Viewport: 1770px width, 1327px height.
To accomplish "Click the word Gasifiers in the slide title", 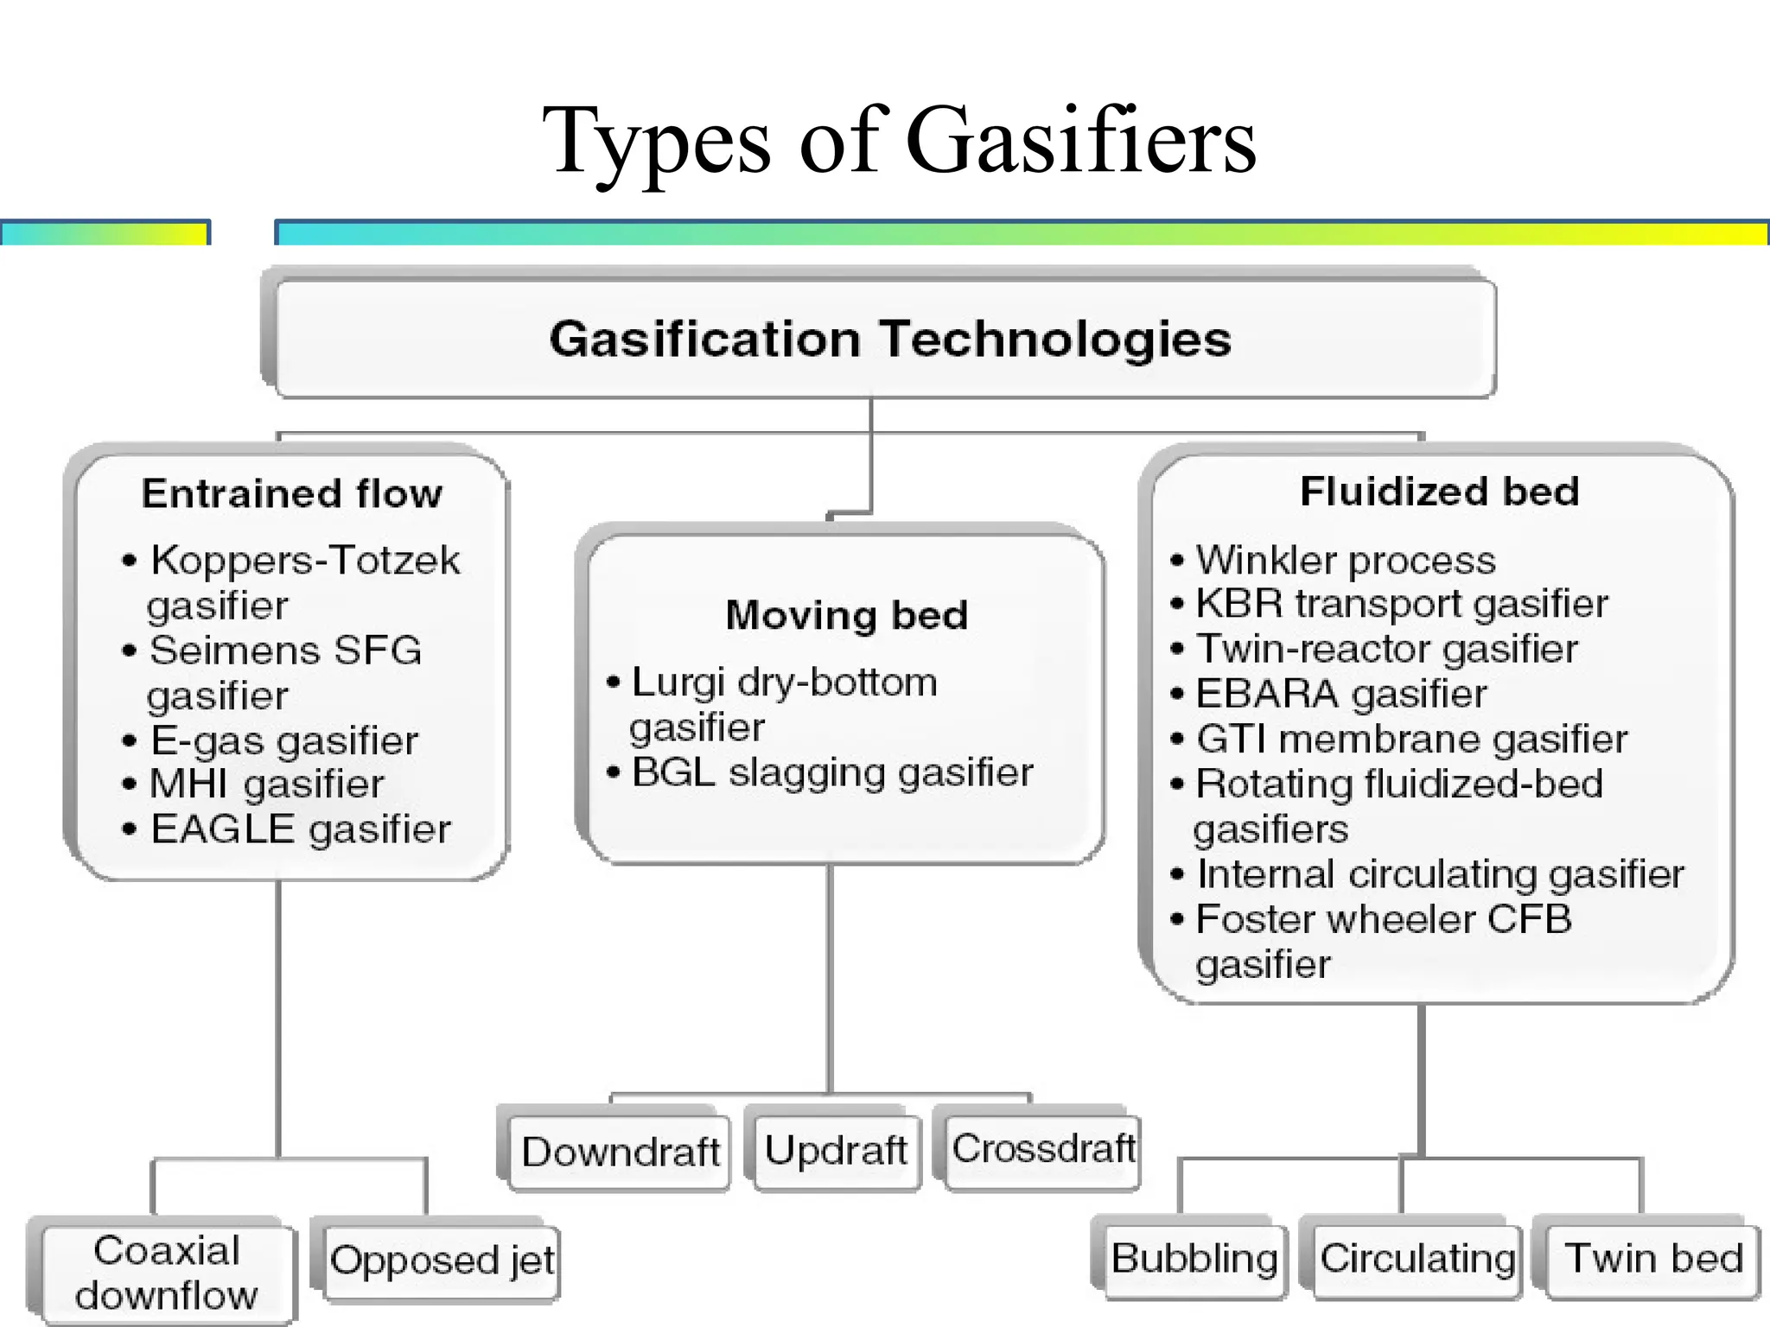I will (x=1080, y=141).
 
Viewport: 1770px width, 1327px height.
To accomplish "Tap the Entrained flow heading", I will (x=292, y=494).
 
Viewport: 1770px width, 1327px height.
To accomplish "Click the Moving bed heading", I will (x=846, y=616).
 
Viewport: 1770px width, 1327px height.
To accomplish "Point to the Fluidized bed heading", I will (x=1439, y=492).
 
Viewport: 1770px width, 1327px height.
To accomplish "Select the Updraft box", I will (x=836, y=1151).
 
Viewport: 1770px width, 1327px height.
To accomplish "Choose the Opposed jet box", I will (x=442, y=1260).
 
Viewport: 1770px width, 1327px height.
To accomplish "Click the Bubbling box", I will (x=1194, y=1258).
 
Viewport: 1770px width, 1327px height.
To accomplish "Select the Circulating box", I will (x=1417, y=1259).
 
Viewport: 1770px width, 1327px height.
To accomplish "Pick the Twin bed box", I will (x=1652, y=1259).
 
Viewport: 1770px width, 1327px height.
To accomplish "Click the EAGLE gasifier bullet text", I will (x=301, y=830).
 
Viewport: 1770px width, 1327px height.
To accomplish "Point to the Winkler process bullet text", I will (x=1345, y=561).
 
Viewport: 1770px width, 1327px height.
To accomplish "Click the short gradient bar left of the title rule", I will (x=105, y=233).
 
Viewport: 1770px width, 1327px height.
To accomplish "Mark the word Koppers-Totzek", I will (x=305, y=561).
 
